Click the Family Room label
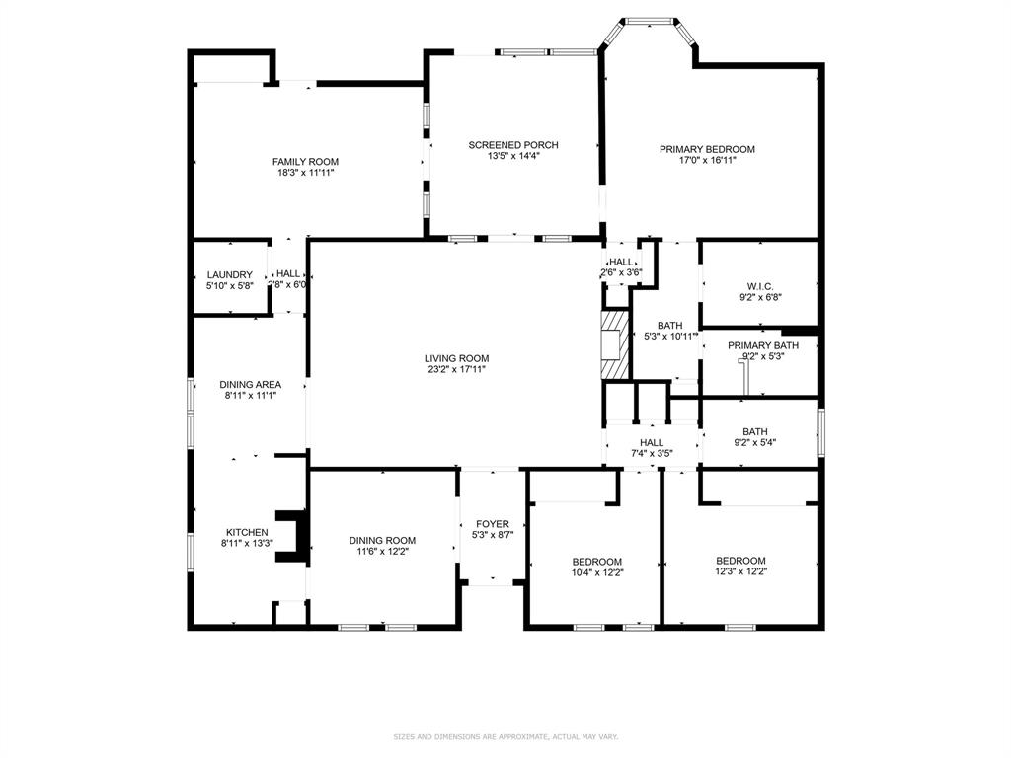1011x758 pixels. [305, 162]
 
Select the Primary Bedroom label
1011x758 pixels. [707, 150]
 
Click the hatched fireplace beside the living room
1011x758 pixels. [615, 344]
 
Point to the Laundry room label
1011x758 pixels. [229, 274]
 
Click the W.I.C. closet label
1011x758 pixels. [759, 284]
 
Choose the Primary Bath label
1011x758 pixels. [762, 345]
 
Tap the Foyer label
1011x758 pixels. [492, 524]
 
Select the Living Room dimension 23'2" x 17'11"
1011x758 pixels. [456, 370]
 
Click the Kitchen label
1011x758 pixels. [246, 532]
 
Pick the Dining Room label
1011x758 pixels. [382, 540]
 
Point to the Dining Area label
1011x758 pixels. [250, 384]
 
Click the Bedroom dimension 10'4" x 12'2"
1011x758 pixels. [597, 572]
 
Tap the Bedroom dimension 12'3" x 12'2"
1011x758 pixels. [740, 572]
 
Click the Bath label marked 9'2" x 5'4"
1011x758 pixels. [754, 431]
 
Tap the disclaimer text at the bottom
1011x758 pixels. [505, 737]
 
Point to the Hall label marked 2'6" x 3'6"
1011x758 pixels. [621, 262]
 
